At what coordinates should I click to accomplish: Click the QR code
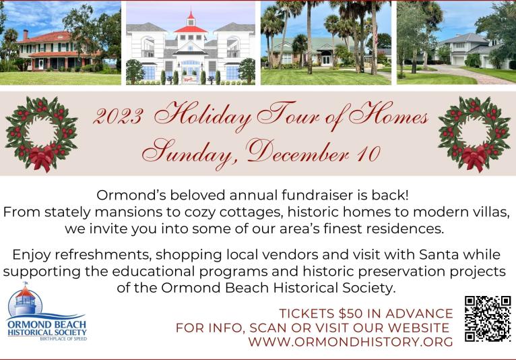pyautogui.click(x=488, y=318)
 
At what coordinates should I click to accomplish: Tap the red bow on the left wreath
pyautogui.click(x=42, y=158)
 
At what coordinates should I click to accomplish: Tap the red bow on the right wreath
pyautogui.click(x=474, y=158)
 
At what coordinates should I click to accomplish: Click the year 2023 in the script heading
pyautogui.click(x=118, y=116)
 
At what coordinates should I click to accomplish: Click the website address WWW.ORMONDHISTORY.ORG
pyautogui.click(x=350, y=342)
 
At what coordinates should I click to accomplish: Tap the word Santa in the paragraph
pyautogui.click(x=439, y=255)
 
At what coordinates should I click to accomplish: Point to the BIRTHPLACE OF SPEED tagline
pyautogui.click(x=63, y=338)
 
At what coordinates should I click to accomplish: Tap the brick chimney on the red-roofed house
pyautogui.click(x=26, y=34)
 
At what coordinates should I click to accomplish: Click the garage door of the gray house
pyautogui.click(x=458, y=61)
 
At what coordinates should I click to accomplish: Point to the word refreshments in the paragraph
pyautogui.click(x=103, y=255)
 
